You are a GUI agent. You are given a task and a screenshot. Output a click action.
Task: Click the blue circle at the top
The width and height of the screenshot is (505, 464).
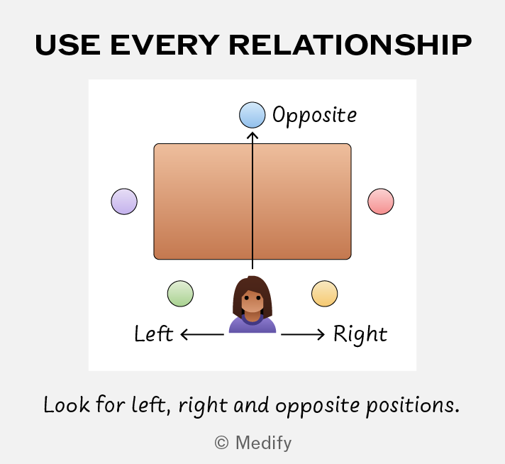pos(252,115)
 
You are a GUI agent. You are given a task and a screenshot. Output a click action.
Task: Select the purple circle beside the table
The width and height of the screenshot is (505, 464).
pos(124,201)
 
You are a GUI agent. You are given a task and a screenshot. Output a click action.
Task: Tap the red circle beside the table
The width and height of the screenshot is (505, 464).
pos(381,201)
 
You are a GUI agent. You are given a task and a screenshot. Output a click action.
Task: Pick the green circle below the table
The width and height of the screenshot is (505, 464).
pos(180,294)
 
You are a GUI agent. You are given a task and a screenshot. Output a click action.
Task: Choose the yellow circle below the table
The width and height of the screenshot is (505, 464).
pos(325,294)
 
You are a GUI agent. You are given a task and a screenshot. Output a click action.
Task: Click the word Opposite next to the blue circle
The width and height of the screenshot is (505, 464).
pos(315,116)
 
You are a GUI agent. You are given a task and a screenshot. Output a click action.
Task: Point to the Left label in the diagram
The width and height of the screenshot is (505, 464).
pos(154,333)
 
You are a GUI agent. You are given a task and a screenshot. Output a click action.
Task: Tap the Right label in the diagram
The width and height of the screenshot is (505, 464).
pos(360,334)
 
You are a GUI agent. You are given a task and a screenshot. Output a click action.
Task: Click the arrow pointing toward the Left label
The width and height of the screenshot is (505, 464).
pos(202,334)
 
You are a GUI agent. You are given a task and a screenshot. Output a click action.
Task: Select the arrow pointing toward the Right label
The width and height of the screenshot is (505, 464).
pos(303,334)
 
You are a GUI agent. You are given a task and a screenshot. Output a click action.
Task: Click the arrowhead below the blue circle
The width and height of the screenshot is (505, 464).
pos(252,136)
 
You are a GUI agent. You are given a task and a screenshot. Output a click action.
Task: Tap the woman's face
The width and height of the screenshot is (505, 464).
pos(252,300)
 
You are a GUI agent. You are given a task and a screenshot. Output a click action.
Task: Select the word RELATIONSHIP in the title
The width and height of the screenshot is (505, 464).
pos(350,45)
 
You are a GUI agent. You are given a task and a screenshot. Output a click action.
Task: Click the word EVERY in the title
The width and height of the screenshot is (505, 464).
pos(165,45)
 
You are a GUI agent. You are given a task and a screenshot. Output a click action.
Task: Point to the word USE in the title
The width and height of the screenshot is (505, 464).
pos(67,45)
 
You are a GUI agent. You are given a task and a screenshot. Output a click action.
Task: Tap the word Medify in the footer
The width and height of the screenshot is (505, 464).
pos(263,443)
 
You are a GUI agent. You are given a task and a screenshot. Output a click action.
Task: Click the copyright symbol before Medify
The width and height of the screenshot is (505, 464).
pos(221,443)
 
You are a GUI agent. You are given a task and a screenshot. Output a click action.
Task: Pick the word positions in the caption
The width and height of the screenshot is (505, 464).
pos(413,405)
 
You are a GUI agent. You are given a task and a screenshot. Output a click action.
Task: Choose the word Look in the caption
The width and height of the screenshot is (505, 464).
pos(67,404)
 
